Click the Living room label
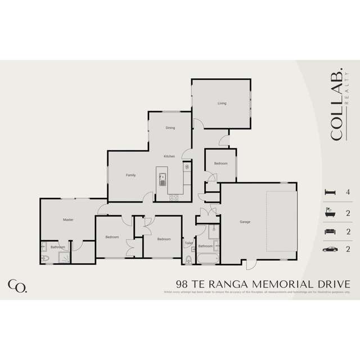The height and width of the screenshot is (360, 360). pyautogui.click(x=222, y=103)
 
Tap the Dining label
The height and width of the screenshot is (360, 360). pyautogui.click(x=170, y=128)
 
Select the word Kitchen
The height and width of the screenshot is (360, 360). pyautogui.click(x=169, y=156)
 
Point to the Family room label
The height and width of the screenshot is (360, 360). pyautogui.click(x=130, y=175)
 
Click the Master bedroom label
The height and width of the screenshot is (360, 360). pyautogui.click(x=68, y=219)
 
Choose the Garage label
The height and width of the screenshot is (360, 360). pyautogui.click(x=245, y=222)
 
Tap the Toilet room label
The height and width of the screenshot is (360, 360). pyautogui.click(x=188, y=243)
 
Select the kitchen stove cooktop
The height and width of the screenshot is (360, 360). pyautogui.click(x=174, y=197)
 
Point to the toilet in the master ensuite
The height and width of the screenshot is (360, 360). pyautogui.click(x=45, y=258)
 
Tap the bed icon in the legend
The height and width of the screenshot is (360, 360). pyautogui.click(x=330, y=192)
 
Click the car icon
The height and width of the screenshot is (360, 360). pyautogui.click(x=330, y=249)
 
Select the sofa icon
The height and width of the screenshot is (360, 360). pyautogui.click(x=330, y=231)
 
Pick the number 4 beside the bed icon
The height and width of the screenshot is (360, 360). pyautogui.click(x=349, y=192)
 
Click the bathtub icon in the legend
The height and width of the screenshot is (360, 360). pyautogui.click(x=330, y=212)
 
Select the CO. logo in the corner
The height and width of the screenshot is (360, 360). pyautogui.click(x=17, y=285)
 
